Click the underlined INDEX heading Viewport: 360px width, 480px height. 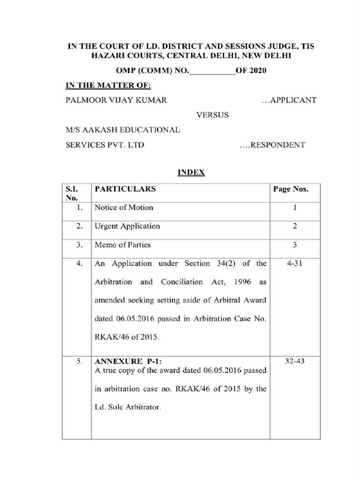click(191, 172)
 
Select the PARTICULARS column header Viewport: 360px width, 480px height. click(125, 189)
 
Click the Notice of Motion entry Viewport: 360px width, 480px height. click(124, 207)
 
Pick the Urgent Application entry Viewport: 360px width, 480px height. click(127, 226)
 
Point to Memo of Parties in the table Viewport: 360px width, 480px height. click(123, 245)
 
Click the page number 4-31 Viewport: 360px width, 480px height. click(295, 263)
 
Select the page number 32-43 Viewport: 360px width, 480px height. click(295, 361)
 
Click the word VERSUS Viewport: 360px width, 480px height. click(212, 115)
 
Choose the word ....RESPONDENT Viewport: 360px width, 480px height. click(272, 145)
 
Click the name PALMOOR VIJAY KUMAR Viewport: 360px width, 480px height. click(116, 100)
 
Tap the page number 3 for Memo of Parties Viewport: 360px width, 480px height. click(295, 245)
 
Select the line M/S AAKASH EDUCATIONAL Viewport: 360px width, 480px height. click(123, 130)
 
